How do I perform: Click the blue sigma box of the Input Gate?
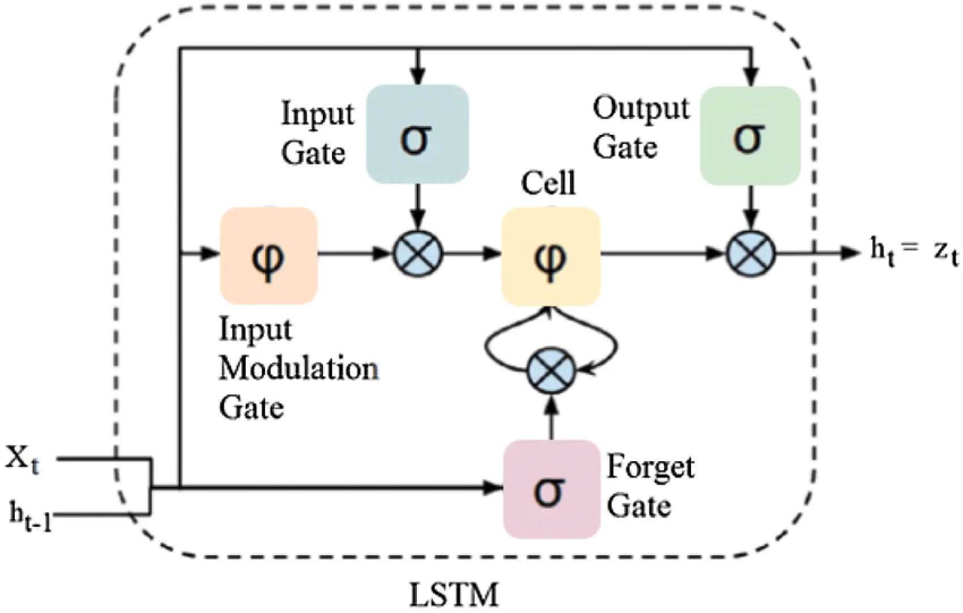coord(417,134)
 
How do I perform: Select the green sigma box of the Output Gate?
coord(750,136)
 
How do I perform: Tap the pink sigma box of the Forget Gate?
coord(551,489)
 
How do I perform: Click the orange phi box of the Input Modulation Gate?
coord(268,256)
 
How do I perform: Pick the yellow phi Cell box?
coord(551,256)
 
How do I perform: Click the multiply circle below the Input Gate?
coord(417,253)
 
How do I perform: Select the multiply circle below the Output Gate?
coord(751,253)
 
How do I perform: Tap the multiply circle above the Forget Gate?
coord(551,371)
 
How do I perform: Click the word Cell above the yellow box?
coord(548,183)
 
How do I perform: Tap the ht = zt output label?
coord(914,251)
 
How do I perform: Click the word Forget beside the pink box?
coord(650,467)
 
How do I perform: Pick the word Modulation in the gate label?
coord(299,369)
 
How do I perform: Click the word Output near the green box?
coord(641,108)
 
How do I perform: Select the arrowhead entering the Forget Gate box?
coord(494,487)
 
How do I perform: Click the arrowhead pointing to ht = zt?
coord(851,253)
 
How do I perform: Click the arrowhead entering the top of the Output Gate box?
coord(751,76)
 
